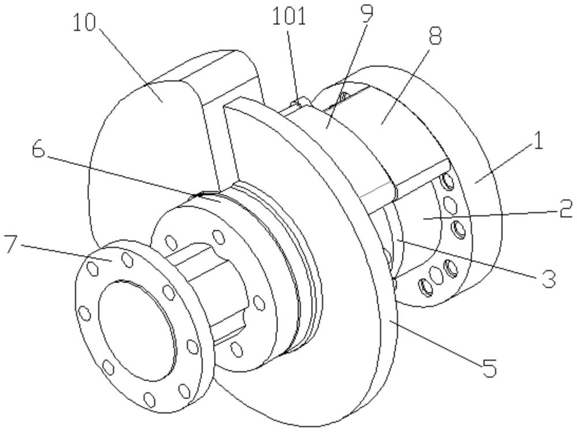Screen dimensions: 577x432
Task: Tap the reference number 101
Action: point(289,17)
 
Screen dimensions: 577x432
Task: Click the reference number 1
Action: point(538,142)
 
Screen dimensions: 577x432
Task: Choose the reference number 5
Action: point(490,366)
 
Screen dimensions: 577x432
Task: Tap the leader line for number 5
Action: point(436,344)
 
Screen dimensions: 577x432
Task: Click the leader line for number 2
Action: point(490,215)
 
